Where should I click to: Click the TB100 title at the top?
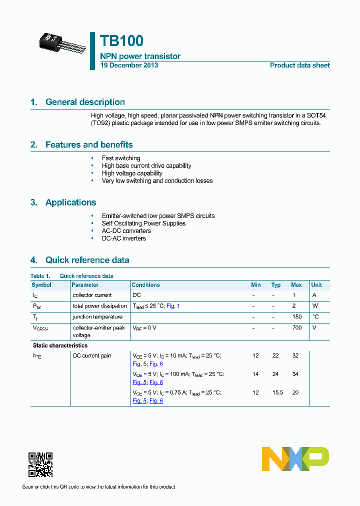(121, 40)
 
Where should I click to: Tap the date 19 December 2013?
(129, 65)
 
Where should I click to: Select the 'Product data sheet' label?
(299, 65)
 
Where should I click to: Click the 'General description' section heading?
(85, 102)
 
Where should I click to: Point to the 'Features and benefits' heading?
(89, 144)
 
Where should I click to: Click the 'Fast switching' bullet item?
(121, 158)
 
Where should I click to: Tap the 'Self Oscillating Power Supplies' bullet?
(143, 223)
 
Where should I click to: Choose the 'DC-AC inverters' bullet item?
(124, 238)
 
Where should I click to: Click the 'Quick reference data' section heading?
(87, 260)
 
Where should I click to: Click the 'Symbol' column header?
(41, 285)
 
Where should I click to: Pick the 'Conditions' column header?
(145, 285)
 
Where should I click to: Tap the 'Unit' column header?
(316, 285)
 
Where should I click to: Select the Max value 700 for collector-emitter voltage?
(296, 328)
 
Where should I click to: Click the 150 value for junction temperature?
(296, 317)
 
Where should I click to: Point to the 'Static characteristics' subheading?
(60, 345)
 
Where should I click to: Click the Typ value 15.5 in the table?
(277, 392)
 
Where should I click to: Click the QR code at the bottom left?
(40, 464)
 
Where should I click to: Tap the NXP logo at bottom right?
(295, 458)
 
